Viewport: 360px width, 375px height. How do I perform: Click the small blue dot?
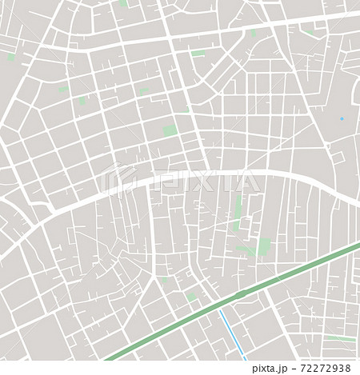click(341, 118)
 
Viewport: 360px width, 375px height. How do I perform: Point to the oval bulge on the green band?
click(238, 296)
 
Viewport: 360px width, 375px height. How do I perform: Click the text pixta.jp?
click(274, 369)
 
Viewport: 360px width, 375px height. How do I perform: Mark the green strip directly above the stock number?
click(341, 339)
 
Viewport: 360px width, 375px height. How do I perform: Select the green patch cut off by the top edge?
click(123, 3)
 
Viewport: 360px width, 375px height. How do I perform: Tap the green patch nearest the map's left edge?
click(11, 58)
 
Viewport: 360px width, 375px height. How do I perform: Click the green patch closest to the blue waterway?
click(191, 297)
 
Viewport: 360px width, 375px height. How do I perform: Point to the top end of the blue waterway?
click(221, 313)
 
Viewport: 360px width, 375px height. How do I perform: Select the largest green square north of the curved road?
click(170, 130)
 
